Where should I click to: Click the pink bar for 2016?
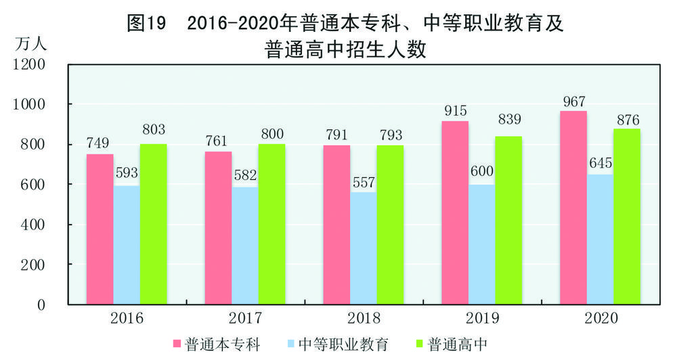100,229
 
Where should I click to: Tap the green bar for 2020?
626,217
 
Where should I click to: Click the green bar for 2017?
271,224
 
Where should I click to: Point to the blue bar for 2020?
600,240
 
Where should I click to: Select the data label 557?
364,183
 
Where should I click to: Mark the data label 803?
154,128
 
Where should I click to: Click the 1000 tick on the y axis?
30,104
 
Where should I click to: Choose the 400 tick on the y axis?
34,225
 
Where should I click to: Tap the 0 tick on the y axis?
41,305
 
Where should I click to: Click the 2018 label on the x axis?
364,318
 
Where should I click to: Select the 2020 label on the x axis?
600,318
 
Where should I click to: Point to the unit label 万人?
30,45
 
